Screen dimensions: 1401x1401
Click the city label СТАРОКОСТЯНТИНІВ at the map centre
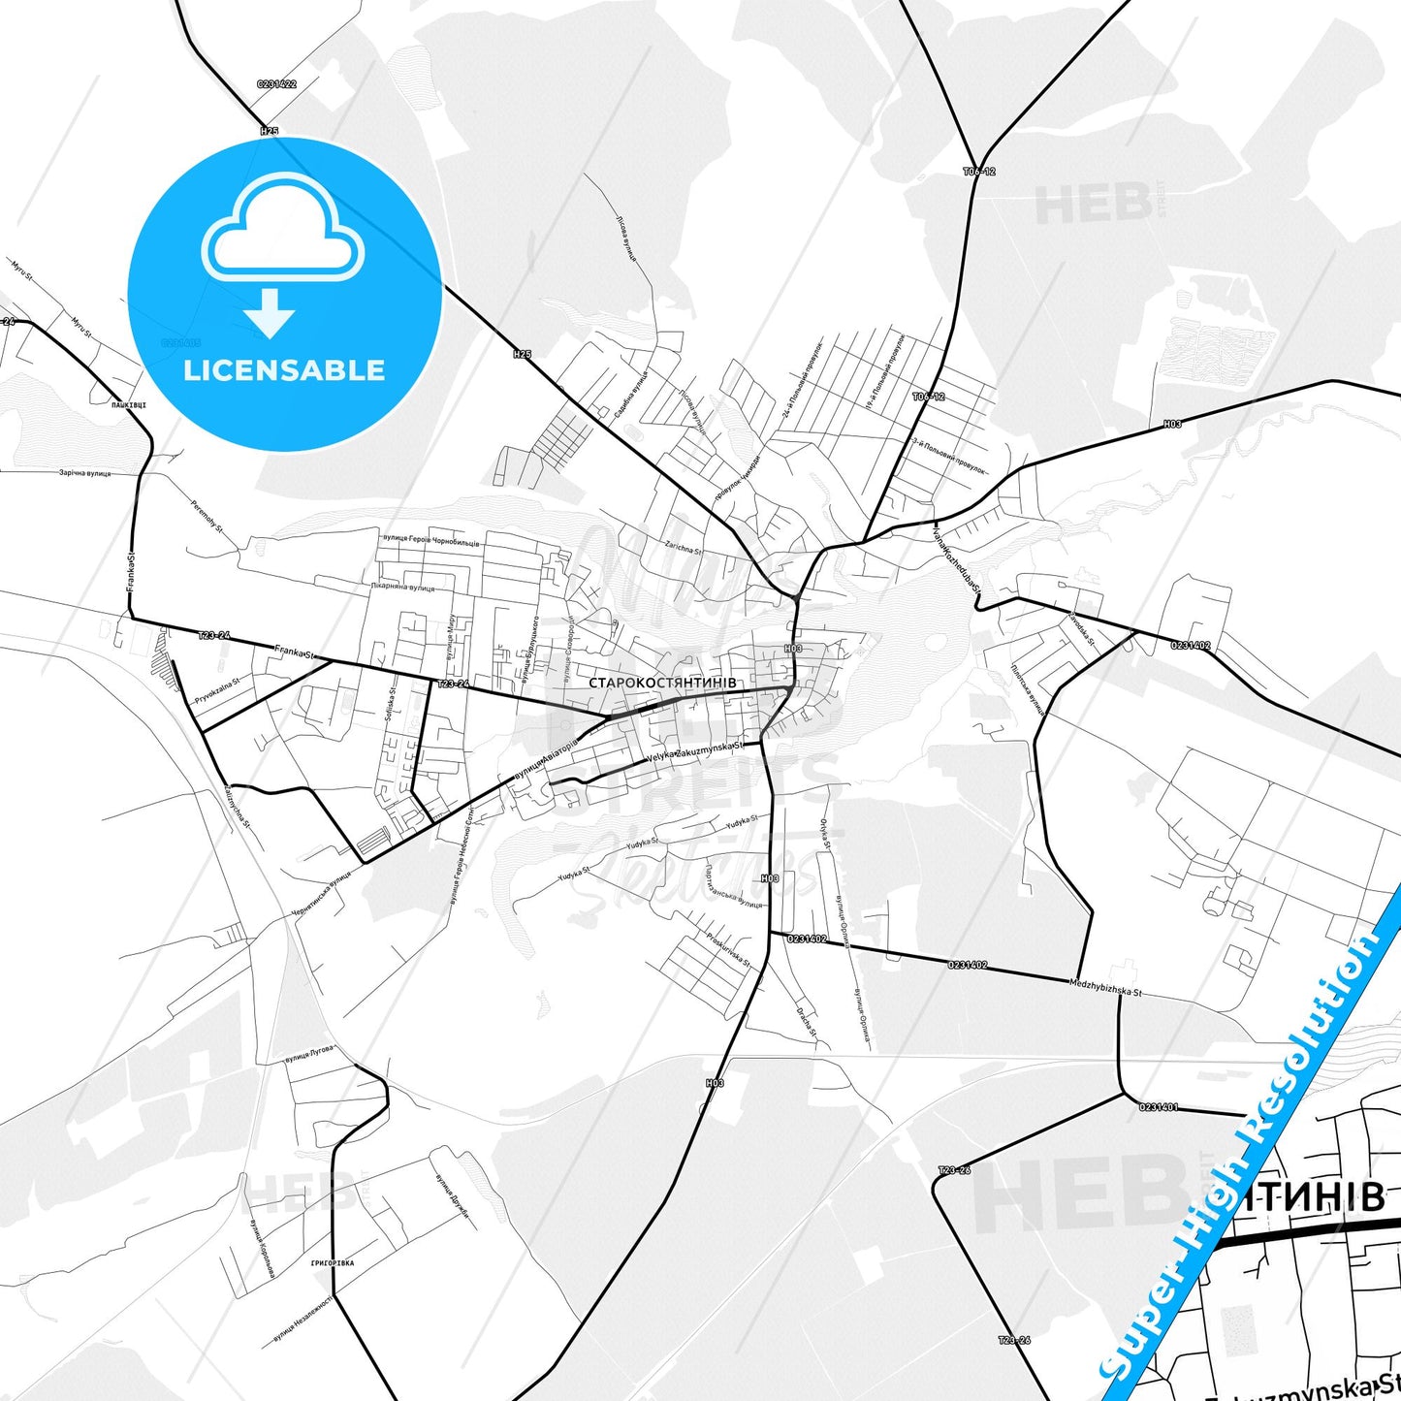pos(662,683)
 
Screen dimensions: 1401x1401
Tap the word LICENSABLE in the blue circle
pos(284,370)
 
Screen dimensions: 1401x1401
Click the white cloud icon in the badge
pos(283,233)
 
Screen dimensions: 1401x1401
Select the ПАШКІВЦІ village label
pos(128,403)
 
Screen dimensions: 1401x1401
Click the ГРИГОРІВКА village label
pos(332,1263)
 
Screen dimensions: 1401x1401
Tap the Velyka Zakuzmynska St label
pos(695,752)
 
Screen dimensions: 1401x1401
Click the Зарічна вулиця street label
pos(85,473)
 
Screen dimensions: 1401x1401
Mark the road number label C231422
pos(276,84)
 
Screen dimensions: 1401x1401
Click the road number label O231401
pos(1159,1106)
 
